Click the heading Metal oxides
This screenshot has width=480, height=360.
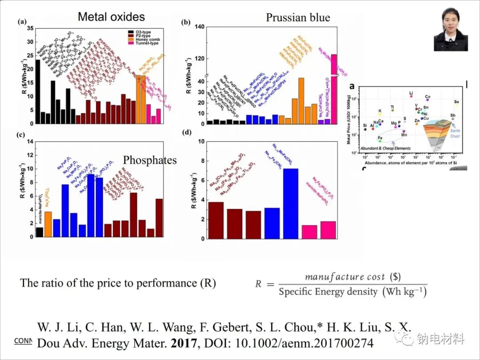click(x=111, y=17)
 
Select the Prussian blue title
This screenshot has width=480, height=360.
click(x=298, y=18)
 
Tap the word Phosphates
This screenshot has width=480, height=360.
click(x=150, y=160)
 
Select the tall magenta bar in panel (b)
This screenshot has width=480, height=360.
click(x=334, y=89)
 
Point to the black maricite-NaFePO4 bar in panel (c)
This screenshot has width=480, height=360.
click(x=40, y=232)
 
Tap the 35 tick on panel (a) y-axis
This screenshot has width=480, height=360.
click(x=30, y=28)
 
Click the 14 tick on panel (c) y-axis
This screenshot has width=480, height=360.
click(x=30, y=141)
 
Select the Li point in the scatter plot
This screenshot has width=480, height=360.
click(x=411, y=96)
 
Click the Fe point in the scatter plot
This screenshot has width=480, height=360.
click(x=380, y=141)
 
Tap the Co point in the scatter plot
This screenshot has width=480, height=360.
click(x=427, y=100)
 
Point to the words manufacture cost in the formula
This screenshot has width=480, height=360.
click(x=345, y=277)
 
